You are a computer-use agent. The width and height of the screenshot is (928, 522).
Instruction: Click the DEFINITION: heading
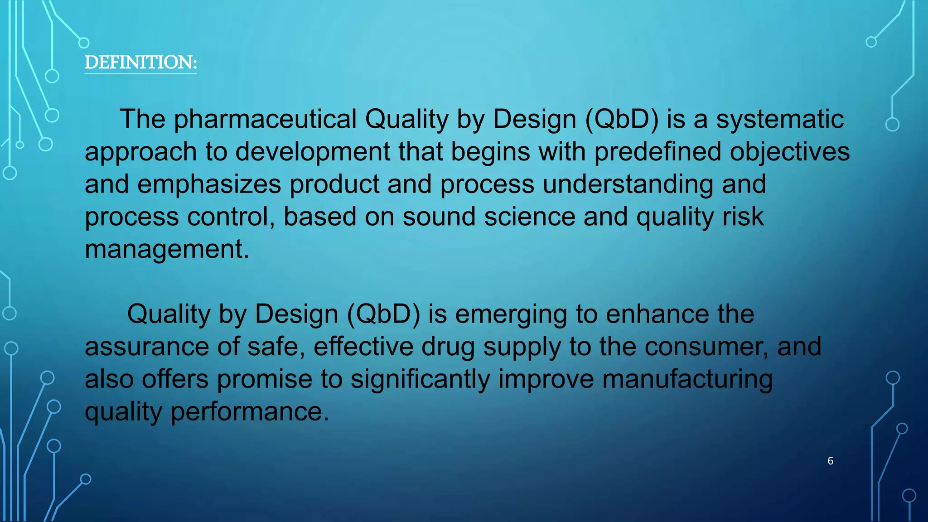(140, 63)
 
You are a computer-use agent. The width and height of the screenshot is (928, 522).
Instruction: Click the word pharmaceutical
(266, 120)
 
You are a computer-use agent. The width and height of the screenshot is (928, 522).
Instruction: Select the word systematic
(780, 120)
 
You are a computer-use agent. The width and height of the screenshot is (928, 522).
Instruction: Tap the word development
(313, 152)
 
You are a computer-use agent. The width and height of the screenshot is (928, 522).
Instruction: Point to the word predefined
(657, 152)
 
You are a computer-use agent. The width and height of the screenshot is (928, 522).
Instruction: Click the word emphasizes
(209, 184)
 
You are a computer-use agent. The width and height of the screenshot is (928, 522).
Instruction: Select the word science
(530, 217)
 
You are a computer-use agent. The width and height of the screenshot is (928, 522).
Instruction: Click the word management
(167, 249)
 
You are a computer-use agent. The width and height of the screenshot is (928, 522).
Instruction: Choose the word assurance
(147, 347)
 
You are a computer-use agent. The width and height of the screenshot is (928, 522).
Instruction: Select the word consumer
(706, 347)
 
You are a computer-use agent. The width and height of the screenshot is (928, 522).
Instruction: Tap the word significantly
(420, 379)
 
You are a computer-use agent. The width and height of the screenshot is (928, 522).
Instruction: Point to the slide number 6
(830, 461)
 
